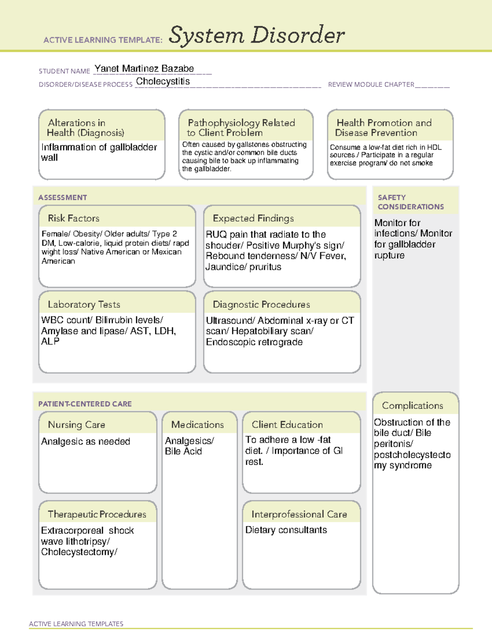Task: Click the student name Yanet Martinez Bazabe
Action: point(144,69)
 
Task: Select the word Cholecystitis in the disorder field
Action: point(163,81)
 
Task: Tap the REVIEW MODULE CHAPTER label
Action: point(371,84)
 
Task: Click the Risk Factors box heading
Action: point(73,218)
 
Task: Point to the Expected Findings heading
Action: point(253,218)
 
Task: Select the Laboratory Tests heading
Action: point(84,304)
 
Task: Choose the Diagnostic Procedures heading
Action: point(261,304)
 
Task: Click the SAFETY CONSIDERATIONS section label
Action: point(410,202)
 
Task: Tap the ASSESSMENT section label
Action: point(62,197)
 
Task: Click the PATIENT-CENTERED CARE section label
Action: point(85,404)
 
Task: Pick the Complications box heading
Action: point(412,405)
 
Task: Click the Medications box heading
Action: point(197,425)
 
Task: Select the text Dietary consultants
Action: point(286,530)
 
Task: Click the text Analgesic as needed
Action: point(85,441)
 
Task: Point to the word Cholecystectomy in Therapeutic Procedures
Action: point(78,552)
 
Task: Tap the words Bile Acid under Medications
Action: point(183,451)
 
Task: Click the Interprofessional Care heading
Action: point(299,514)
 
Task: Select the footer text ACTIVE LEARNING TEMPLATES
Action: point(76,624)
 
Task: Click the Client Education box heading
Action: point(287,425)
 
